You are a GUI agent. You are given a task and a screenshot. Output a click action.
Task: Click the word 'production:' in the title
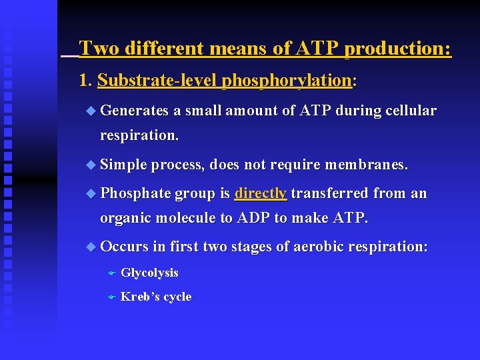(x=398, y=49)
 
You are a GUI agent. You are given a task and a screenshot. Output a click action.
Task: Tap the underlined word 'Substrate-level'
(x=157, y=81)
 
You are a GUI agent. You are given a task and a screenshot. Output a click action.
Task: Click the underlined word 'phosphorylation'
(x=287, y=81)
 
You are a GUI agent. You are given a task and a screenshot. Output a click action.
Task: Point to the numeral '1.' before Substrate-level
(x=85, y=81)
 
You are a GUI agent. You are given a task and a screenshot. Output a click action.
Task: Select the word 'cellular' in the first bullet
(x=409, y=111)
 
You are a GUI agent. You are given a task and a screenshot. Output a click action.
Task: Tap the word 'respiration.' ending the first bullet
(x=139, y=135)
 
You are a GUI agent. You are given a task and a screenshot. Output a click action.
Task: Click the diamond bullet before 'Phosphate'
(x=91, y=194)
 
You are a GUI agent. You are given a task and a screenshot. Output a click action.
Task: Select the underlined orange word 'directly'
(x=261, y=193)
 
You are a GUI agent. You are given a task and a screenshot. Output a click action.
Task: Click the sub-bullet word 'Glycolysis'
(x=149, y=273)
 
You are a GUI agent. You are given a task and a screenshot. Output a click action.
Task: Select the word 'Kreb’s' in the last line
(x=137, y=297)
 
